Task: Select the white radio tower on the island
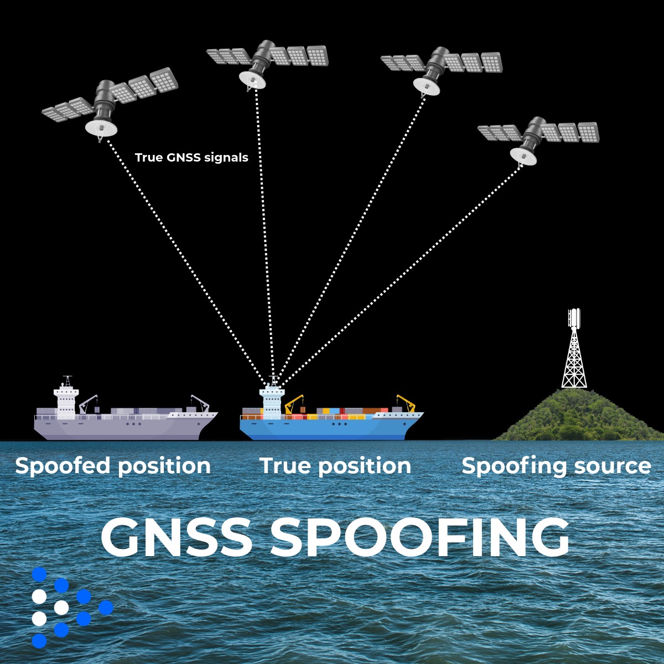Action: click(574, 354)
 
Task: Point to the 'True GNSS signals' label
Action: click(191, 158)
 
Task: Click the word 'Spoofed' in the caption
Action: click(64, 466)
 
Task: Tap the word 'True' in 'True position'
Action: click(286, 466)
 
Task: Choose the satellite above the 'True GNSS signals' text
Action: click(111, 102)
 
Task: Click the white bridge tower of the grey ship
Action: click(66, 400)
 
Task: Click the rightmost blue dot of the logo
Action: click(105, 608)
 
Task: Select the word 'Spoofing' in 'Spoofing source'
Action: click(512, 466)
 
